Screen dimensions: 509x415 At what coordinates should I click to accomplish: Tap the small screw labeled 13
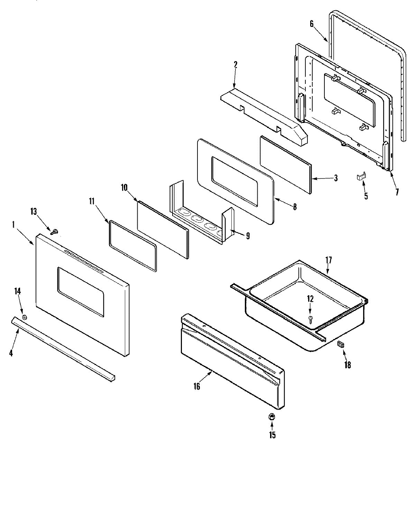point(54,232)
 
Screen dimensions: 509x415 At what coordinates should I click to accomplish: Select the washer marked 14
point(24,317)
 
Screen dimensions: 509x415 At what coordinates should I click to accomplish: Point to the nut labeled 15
point(272,417)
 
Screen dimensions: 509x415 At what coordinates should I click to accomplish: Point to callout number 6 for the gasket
point(311,24)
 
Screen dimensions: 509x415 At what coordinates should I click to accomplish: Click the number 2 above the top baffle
point(236,64)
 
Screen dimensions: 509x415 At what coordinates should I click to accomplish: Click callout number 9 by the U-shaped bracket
point(248,236)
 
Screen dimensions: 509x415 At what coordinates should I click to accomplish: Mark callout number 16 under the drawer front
point(196,386)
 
